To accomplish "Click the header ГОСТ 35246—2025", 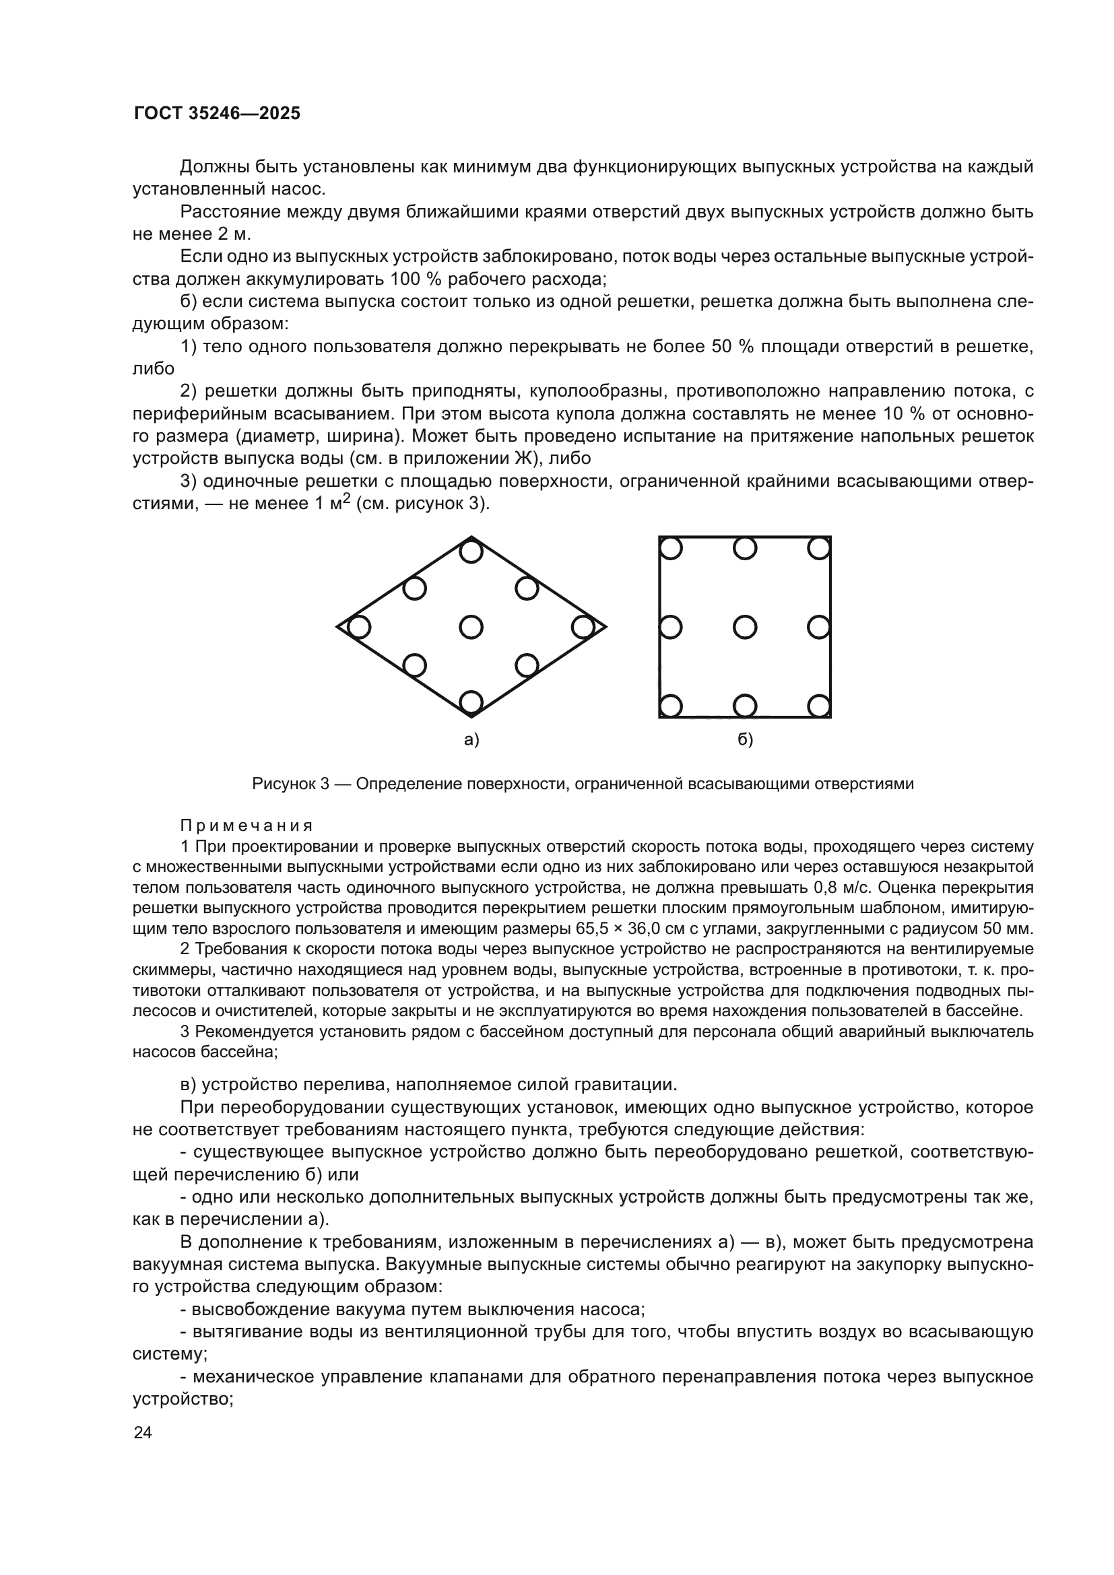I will [217, 114].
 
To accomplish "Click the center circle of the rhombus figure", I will [471, 627].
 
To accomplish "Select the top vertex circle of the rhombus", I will [471, 551].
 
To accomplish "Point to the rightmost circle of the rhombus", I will [583, 627].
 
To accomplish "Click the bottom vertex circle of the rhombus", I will [471, 702].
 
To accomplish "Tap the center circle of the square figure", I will [745, 627].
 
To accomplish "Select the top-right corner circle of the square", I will [819, 549].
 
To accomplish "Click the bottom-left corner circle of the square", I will [670, 705].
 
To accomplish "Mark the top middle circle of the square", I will [745, 549].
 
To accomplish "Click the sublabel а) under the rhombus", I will [471, 740].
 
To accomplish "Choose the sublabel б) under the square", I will [745, 740].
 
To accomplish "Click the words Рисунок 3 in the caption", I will [291, 784].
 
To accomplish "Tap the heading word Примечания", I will [247, 826].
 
